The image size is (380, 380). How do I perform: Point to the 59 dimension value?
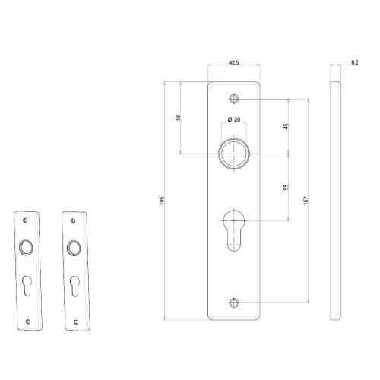[179, 117]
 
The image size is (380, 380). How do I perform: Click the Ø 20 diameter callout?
[235, 119]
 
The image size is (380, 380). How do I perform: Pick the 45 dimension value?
[287, 126]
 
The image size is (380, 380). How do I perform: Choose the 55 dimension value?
[287, 186]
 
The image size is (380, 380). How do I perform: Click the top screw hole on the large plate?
[234, 100]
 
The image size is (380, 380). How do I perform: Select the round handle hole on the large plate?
[234, 153]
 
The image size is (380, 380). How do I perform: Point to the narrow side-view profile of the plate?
[334, 199]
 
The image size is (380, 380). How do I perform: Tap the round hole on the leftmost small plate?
[28, 247]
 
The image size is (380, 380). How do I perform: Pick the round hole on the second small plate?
[74, 247]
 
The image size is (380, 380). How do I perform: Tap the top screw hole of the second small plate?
[74, 220]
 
